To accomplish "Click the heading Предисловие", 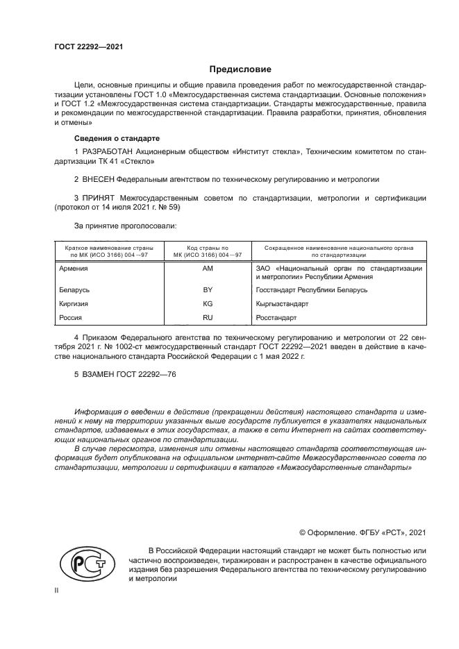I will [240, 69].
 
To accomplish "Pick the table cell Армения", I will [74, 268].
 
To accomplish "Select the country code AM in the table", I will [207, 268].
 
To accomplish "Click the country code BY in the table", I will [207, 289].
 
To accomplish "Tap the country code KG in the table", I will [207, 303].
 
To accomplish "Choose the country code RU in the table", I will [207, 317].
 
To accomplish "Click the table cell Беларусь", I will [75, 289].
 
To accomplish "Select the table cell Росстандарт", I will [276, 317].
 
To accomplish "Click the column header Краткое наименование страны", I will [109, 247].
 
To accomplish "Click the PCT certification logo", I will [87, 565].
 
